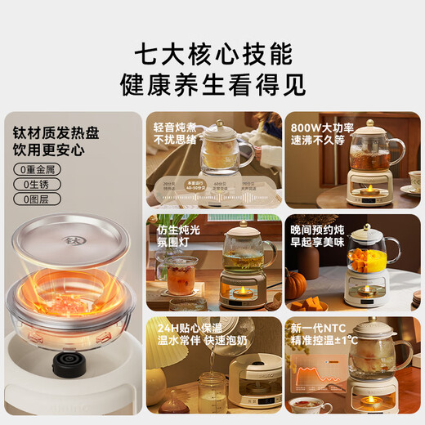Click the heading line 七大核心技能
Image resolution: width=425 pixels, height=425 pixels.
point(212,54)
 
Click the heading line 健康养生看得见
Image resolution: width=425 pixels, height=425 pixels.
point(212,84)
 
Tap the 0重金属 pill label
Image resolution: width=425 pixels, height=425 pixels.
point(36,169)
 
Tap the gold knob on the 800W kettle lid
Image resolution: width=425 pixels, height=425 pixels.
point(369,123)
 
